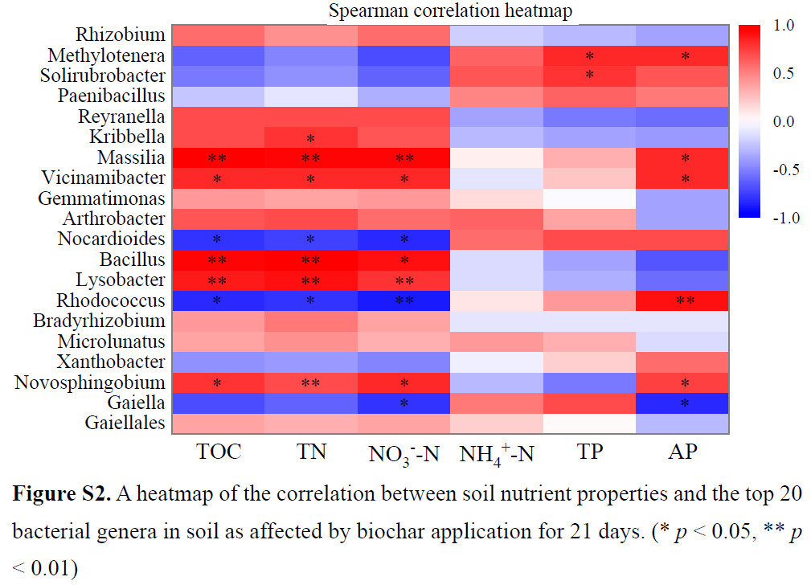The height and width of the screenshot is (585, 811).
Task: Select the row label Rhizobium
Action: click(121, 35)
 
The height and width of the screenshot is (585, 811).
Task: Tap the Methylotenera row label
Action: click(106, 56)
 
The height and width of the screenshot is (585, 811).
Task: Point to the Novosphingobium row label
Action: click(90, 382)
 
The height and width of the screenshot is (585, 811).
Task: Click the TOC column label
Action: click(219, 452)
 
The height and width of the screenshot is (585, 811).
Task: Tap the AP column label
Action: click(682, 452)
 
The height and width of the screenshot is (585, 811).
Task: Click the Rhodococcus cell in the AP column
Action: click(682, 301)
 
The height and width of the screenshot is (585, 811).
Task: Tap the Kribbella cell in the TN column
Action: click(310, 137)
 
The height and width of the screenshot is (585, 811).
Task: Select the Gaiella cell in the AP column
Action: click(682, 403)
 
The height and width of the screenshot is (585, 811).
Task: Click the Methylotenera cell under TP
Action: click(589, 56)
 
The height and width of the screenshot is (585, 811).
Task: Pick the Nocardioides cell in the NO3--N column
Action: click(404, 239)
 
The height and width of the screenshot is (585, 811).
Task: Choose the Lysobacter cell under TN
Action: click(310, 280)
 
